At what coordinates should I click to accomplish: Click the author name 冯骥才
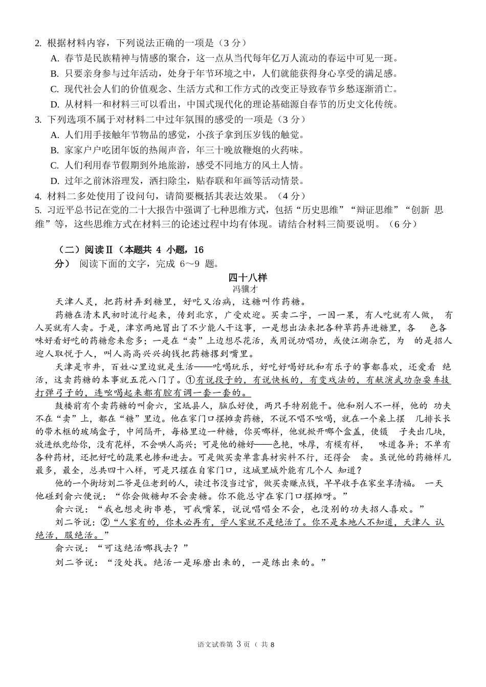248,289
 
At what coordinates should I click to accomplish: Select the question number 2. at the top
38,43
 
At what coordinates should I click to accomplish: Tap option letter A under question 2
54,58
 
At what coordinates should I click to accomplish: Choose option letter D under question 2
54,104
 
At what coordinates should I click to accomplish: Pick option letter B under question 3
54,150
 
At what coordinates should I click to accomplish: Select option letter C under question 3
54,166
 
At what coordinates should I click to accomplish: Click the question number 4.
38,196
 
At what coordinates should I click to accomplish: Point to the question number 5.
38,210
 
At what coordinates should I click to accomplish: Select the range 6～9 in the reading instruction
190,264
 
